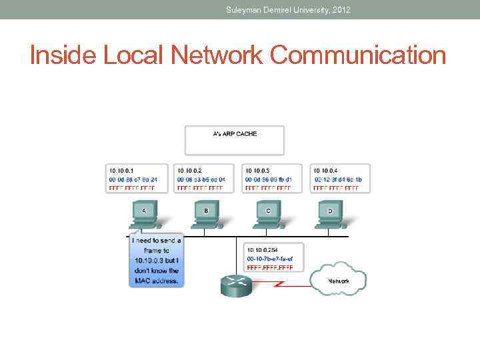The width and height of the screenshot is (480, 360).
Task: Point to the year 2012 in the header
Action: click(x=339, y=10)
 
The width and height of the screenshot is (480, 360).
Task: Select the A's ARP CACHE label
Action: click(x=234, y=134)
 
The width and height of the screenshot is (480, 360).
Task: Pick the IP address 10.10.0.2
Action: click(x=190, y=171)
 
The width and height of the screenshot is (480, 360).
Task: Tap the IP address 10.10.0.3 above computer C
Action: click(x=259, y=171)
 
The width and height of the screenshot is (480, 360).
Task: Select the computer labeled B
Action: click(x=206, y=215)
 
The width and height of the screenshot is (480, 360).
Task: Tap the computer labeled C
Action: click(x=268, y=215)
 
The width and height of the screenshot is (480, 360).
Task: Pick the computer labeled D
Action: click(x=329, y=215)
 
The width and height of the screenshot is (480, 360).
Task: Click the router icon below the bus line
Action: click(x=234, y=286)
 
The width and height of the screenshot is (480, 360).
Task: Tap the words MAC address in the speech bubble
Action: click(x=155, y=281)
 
